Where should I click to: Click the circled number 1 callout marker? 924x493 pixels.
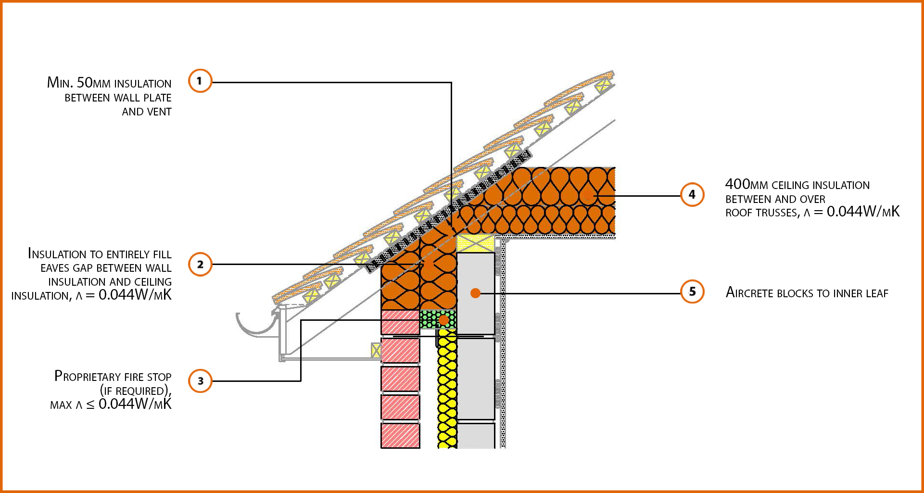(x=200, y=81)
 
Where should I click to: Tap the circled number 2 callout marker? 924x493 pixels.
(x=200, y=264)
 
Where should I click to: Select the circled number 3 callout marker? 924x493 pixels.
(x=200, y=381)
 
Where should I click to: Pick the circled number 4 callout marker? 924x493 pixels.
(x=692, y=194)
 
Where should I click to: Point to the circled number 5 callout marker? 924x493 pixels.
(x=692, y=291)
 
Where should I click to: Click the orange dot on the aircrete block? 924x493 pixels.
(x=475, y=293)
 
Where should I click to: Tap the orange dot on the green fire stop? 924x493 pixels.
(x=443, y=320)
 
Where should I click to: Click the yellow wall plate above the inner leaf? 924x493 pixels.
(x=475, y=243)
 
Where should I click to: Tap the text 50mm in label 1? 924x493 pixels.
(x=93, y=83)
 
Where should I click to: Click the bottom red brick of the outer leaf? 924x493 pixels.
(x=400, y=435)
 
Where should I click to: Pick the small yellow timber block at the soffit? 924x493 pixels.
(x=376, y=350)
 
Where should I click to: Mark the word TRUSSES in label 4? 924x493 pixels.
(x=776, y=213)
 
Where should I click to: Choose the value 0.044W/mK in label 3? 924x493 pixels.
(x=135, y=405)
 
